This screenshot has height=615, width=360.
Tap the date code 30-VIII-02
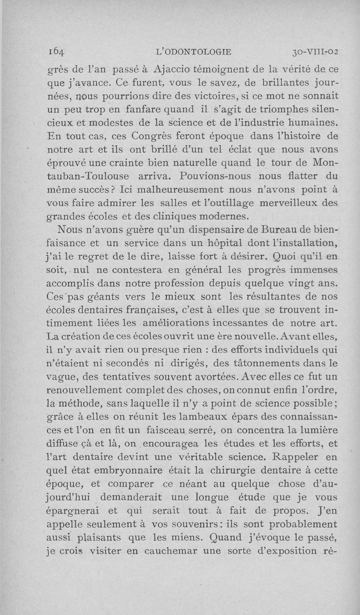tap(314, 52)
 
